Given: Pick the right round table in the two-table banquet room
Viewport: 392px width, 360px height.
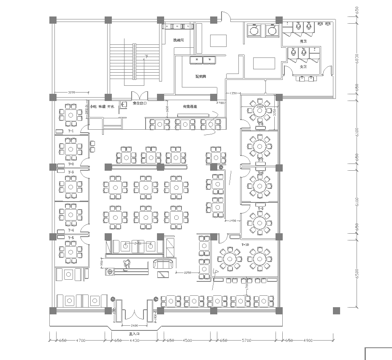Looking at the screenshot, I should click(260, 259).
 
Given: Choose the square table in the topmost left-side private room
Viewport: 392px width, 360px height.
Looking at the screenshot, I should click(69, 116).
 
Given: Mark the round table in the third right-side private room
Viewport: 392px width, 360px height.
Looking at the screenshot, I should click(263, 185).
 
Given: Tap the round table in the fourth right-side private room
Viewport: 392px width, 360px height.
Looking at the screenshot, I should click(263, 220).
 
